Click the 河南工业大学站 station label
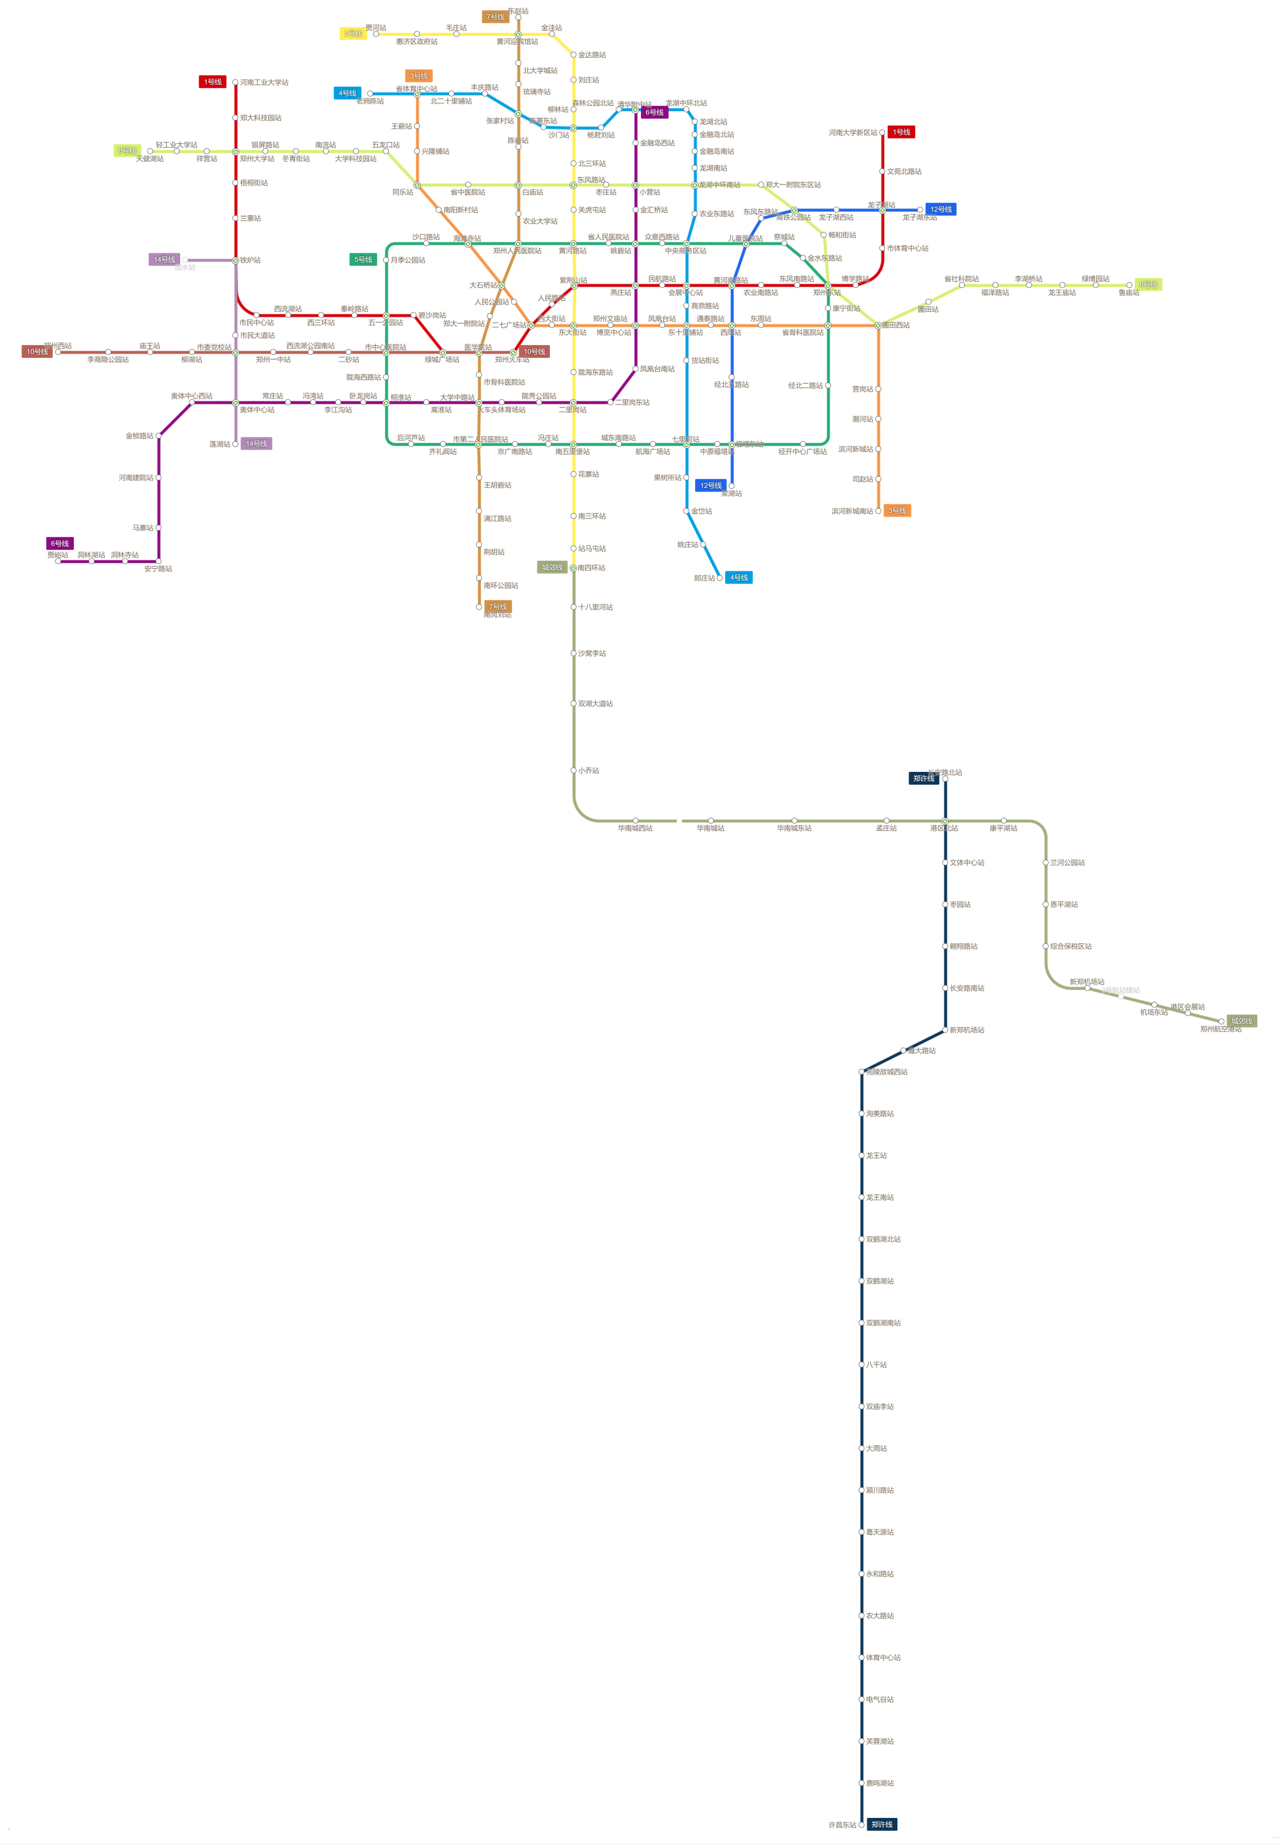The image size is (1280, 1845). (x=264, y=82)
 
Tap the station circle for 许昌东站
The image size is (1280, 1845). (x=861, y=1824)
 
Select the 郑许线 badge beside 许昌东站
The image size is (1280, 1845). (x=881, y=1824)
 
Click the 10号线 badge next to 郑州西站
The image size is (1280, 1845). (x=37, y=351)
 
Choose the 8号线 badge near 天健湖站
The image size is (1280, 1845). (x=127, y=150)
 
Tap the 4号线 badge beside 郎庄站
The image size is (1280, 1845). (x=739, y=577)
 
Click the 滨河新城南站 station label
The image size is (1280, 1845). (x=852, y=511)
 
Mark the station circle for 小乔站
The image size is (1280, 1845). (x=573, y=771)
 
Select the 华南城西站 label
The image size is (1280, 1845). (x=635, y=828)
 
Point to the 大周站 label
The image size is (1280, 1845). (x=876, y=1448)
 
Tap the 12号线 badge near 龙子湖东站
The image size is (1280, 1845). (x=940, y=209)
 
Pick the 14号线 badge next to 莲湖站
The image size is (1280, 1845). (x=256, y=443)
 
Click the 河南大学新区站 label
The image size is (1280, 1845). (x=853, y=132)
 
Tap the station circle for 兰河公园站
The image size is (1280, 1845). (x=1046, y=863)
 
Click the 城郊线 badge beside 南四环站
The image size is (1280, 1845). (x=552, y=568)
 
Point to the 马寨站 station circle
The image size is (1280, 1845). (x=159, y=528)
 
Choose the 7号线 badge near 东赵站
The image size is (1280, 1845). (x=496, y=17)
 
